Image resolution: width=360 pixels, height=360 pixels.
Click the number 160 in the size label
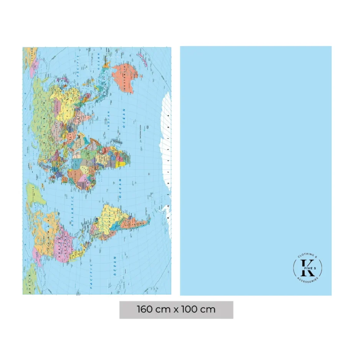[145, 309]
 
